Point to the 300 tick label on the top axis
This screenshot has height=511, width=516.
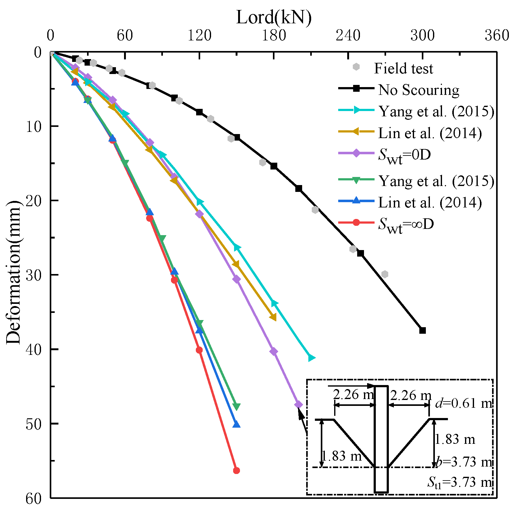(422, 35)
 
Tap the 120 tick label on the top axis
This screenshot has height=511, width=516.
(199, 35)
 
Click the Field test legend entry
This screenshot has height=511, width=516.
(403, 68)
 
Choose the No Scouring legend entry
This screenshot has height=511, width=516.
(418, 90)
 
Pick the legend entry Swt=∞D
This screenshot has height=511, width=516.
(406, 224)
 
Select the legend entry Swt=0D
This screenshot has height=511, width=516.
(404, 155)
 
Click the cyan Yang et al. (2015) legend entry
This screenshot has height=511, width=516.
(436, 111)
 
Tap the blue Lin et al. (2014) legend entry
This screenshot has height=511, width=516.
(430, 202)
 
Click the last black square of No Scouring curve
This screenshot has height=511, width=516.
(422, 330)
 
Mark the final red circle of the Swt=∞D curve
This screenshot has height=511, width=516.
(237, 471)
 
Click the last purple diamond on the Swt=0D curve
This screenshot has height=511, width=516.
(298, 404)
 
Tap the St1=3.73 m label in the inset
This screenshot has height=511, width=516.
(460, 482)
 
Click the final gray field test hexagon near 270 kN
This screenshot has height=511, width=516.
(385, 274)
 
